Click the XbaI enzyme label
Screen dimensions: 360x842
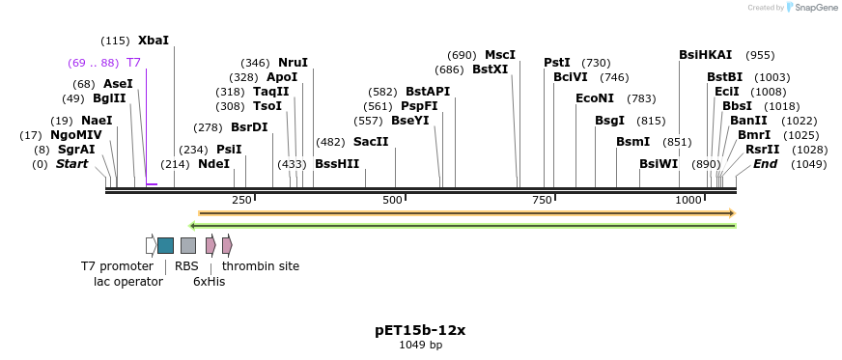click(x=154, y=41)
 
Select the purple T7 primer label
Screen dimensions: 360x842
click(x=133, y=62)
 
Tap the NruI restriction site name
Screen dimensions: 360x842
click(x=293, y=63)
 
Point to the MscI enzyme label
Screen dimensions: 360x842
click(x=500, y=55)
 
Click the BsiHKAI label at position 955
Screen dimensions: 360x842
click(x=706, y=55)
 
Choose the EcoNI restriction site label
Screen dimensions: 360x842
click(x=595, y=98)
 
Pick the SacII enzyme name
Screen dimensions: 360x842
click(x=371, y=142)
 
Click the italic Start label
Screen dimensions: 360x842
click(x=71, y=164)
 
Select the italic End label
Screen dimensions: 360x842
click(x=765, y=164)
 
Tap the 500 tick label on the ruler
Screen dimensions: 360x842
click(x=392, y=200)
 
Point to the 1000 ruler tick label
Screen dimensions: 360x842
click(x=688, y=200)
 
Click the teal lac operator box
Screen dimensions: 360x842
click(x=165, y=245)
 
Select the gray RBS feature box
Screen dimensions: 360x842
click(x=188, y=245)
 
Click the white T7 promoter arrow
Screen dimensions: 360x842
click(x=151, y=245)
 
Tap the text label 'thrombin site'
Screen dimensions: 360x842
click(x=261, y=266)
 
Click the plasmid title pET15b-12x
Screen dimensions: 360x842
click(x=420, y=330)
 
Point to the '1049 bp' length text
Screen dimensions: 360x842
click(x=420, y=346)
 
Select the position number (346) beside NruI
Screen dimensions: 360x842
click(x=255, y=63)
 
